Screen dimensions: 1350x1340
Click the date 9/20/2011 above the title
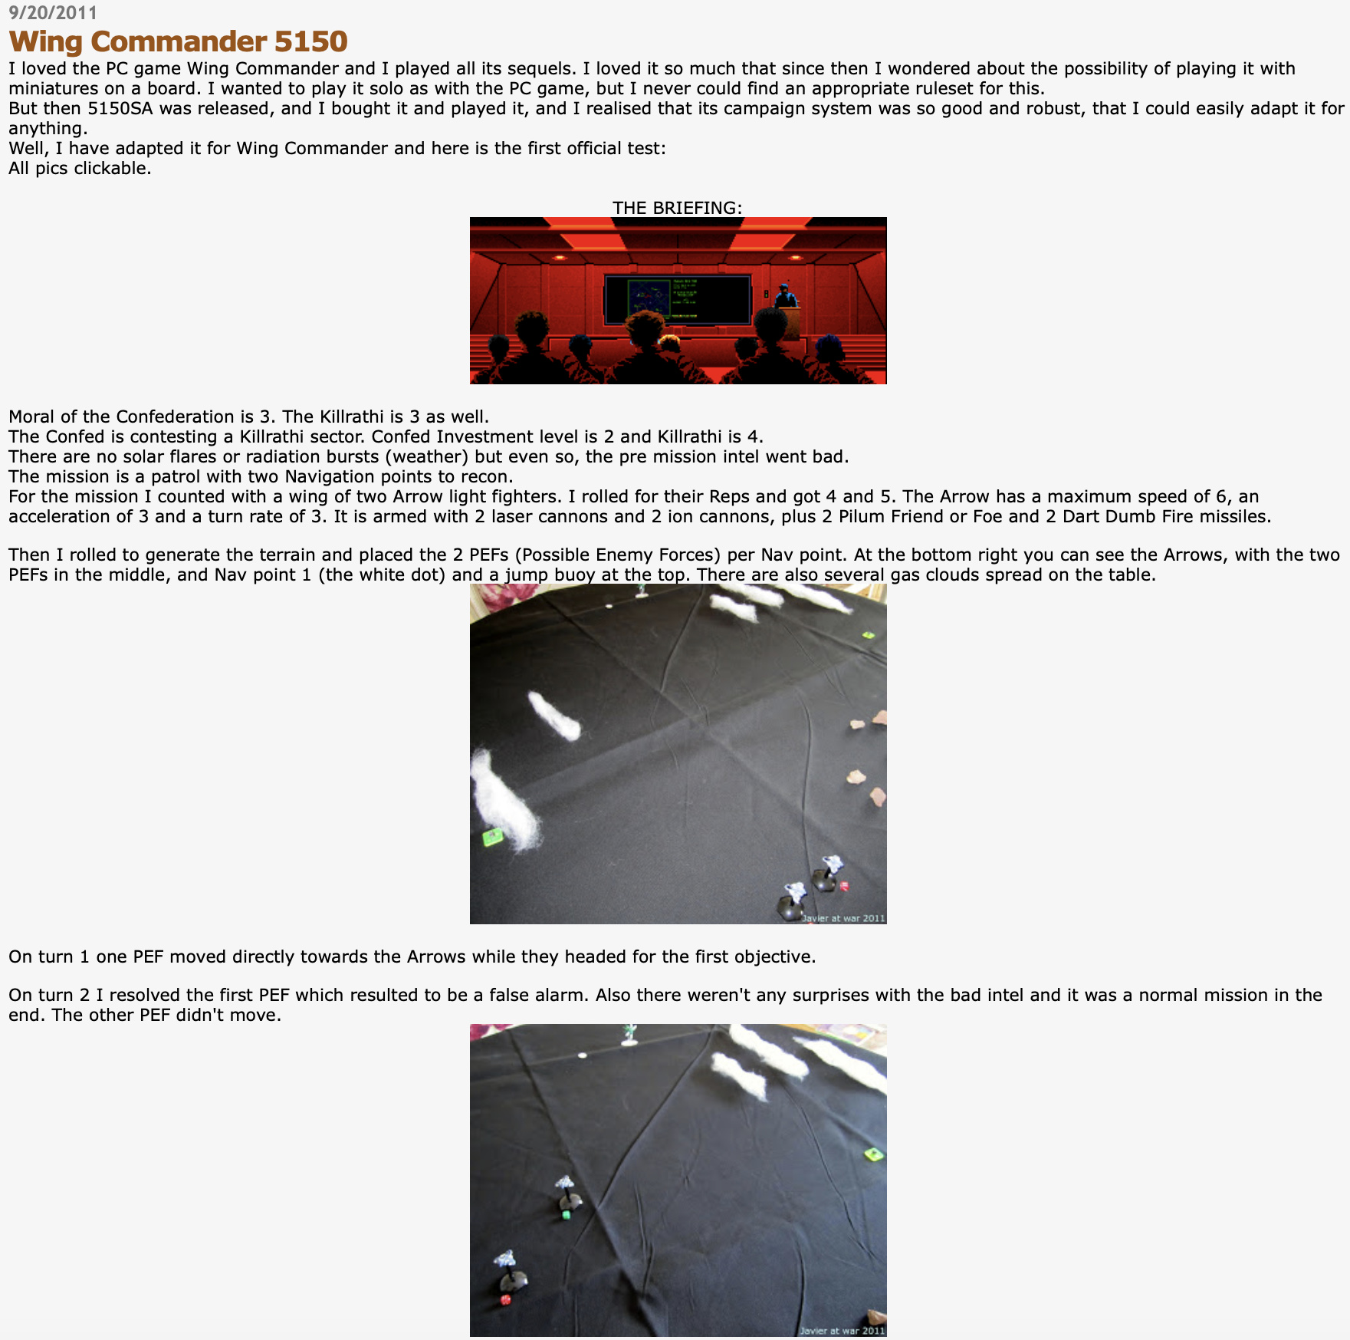(x=53, y=13)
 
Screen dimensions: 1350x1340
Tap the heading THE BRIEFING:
(x=677, y=208)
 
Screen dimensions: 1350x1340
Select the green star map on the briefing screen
(x=647, y=299)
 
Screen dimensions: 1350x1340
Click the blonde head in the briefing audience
(x=670, y=342)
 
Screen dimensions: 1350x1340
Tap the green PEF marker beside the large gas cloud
(x=493, y=837)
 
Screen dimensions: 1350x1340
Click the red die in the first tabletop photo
(x=844, y=886)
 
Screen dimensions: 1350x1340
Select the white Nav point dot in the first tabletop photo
(x=609, y=606)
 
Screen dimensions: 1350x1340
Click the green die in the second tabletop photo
(x=567, y=1214)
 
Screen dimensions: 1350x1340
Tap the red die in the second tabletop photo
(x=505, y=1299)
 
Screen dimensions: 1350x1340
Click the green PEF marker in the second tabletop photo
(x=874, y=1154)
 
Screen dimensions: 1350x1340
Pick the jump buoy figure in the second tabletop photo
(x=629, y=1035)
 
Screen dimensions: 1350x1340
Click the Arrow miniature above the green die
(x=567, y=1190)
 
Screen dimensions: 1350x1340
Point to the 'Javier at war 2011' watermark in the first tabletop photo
(x=843, y=917)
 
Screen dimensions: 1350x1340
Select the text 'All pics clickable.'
(x=80, y=168)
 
